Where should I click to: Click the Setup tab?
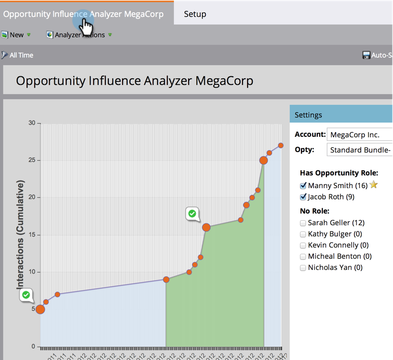pyautogui.click(x=195, y=14)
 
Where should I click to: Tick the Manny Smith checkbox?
pyautogui.click(x=304, y=186)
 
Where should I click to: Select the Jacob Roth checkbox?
pyautogui.click(x=304, y=197)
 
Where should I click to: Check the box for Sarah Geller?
pyautogui.click(x=304, y=223)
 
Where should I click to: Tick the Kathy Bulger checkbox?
pyautogui.click(x=304, y=234)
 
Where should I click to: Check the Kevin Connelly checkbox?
pyautogui.click(x=304, y=245)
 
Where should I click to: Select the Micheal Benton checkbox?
pyautogui.click(x=304, y=256)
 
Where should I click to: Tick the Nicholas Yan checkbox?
pyautogui.click(x=304, y=267)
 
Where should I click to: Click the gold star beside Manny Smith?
pyautogui.click(x=374, y=185)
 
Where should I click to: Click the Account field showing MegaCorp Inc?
pyautogui.click(x=359, y=135)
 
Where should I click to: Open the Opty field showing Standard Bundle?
pyautogui.click(x=359, y=150)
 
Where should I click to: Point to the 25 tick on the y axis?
pyautogui.click(x=32, y=160)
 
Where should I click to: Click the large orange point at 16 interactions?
pyautogui.click(x=206, y=227)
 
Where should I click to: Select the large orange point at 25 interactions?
pyautogui.click(x=263, y=160)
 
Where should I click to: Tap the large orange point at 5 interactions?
pyautogui.click(x=40, y=309)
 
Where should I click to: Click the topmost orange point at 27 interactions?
pyautogui.click(x=281, y=145)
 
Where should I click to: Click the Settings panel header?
pyautogui.click(x=341, y=114)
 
